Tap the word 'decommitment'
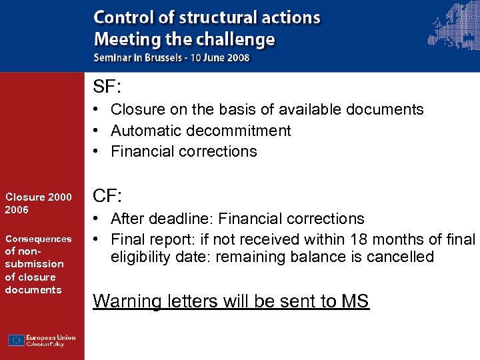[x=236, y=131]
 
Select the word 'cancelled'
[x=398, y=257]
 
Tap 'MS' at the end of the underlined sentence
[x=354, y=301]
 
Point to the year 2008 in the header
[x=236, y=57]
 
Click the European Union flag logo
[x=17, y=340]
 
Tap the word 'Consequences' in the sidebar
[x=38, y=239]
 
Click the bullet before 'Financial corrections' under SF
[x=97, y=151]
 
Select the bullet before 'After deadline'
[x=97, y=219]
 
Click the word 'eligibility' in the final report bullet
[x=142, y=257]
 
